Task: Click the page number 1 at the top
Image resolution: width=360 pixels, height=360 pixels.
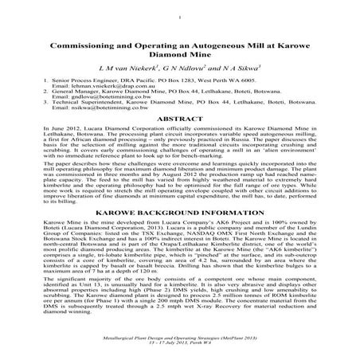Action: [x=181, y=13]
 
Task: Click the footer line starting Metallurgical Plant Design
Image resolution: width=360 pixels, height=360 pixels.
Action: [x=180, y=338]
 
